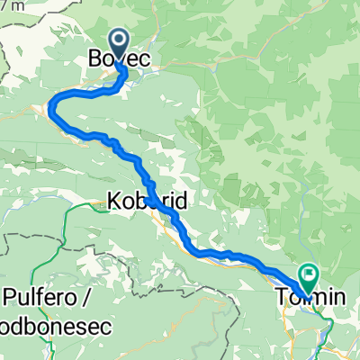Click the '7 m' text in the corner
[x=12, y=5]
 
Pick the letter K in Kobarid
[x=113, y=201]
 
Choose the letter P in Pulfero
[x=11, y=295]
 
